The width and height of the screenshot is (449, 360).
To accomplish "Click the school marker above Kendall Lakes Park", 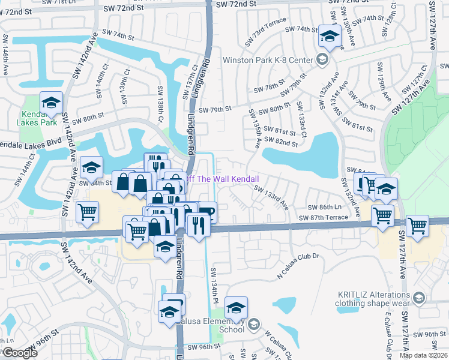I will point(52,103).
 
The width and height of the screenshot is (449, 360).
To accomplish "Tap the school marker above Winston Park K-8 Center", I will point(330,37).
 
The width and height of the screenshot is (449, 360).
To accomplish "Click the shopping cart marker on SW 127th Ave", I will point(417,226).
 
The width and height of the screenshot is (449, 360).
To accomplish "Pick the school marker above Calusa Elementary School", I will point(237,308).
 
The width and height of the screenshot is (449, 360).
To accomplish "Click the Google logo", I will point(20,352).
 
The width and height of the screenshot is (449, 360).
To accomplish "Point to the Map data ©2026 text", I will point(423,355).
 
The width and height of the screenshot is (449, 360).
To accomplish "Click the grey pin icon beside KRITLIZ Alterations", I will point(419,298).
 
